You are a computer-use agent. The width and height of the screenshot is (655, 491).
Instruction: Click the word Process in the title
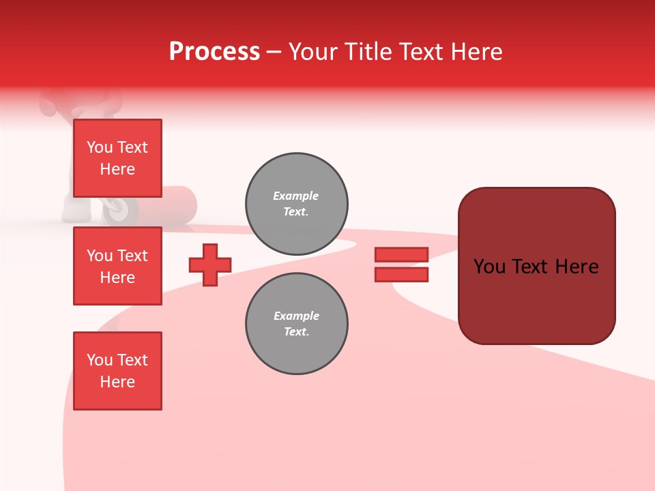(214, 52)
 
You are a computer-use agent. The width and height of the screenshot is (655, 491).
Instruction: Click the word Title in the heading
(366, 52)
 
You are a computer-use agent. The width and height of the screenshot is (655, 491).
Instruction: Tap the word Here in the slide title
(476, 52)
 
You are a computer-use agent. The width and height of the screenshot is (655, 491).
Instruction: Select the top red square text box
(117, 158)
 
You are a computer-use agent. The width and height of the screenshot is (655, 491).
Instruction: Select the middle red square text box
(117, 266)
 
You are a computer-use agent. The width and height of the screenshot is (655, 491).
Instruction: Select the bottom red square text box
(117, 371)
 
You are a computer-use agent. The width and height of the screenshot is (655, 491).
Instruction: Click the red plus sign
(210, 265)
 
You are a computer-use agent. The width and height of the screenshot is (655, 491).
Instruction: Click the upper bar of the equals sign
(401, 254)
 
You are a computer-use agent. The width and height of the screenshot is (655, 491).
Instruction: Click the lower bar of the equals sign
(401, 274)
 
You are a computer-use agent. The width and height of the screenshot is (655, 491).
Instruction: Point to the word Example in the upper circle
(295, 196)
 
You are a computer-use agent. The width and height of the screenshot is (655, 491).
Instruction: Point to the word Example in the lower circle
(296, 316)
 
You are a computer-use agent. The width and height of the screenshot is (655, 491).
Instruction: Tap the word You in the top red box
(100, 147)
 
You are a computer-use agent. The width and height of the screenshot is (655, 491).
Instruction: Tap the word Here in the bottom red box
(117, 382)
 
